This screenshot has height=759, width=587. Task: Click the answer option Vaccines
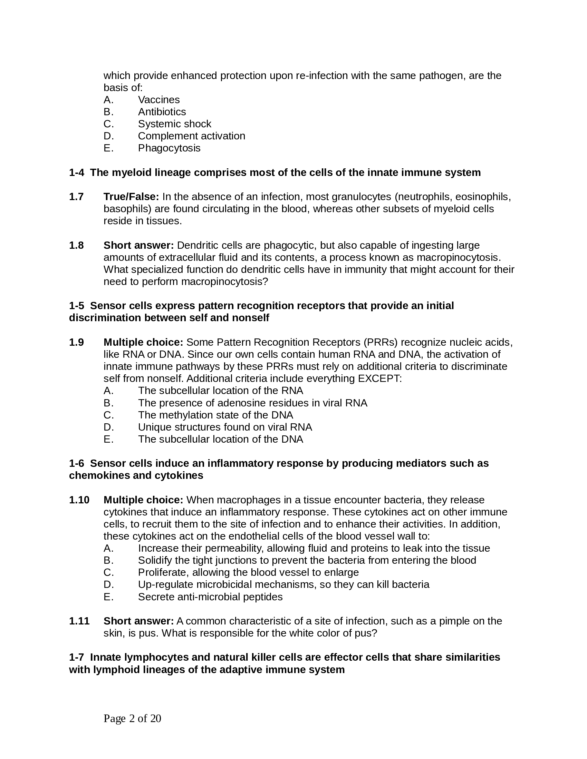[158, 100]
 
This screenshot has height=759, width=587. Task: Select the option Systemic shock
[174, 124]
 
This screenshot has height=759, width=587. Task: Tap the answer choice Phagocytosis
[169, 148]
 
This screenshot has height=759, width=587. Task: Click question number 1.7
[76, 197]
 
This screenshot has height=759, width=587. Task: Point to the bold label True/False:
[131, 197]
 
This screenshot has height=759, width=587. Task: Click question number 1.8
[76, 245]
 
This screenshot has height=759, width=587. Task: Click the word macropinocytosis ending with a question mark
[225, 282]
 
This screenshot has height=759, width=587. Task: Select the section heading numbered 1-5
[261, 312]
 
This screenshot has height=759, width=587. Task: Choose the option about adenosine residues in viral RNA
[252, 403]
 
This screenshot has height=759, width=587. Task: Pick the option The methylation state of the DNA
[215, 415]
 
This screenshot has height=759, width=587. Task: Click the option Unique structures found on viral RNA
[225, 427]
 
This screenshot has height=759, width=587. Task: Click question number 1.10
[79, 500]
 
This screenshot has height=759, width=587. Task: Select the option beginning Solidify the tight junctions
[307, 560]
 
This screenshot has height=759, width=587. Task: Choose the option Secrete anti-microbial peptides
[210, 597]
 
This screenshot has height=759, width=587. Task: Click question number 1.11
[79, 621]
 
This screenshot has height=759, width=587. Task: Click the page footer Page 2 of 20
[132, 718]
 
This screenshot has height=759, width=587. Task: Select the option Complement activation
[191, 136]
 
